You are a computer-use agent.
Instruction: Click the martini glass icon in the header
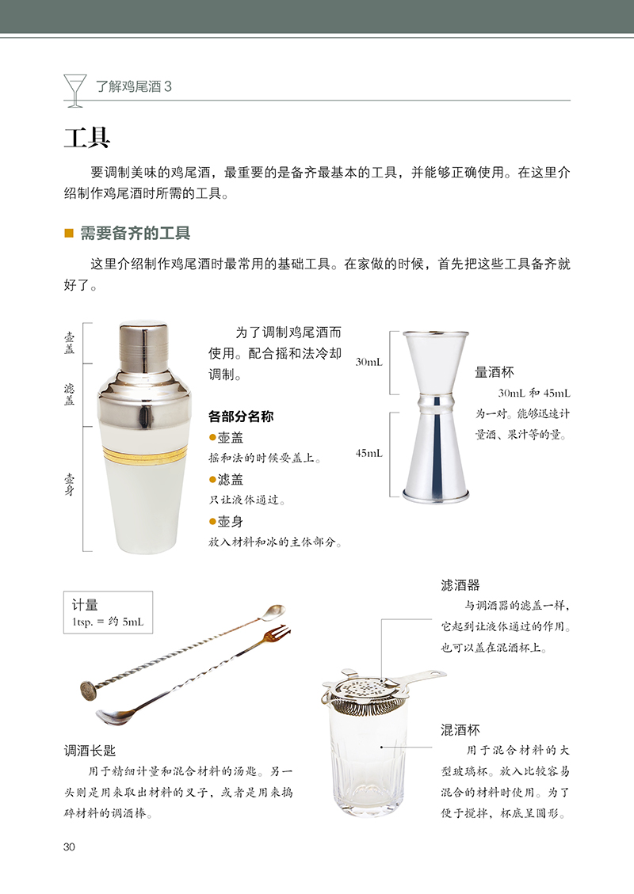(x=74, y=90)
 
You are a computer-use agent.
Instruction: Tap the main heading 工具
(x=86, y=138)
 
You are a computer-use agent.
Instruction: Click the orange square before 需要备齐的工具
(x=69, y=233)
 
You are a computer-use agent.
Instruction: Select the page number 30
(x=69, y=846)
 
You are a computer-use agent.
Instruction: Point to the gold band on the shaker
(x=145, y=455)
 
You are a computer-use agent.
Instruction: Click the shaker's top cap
(x=143, y=344)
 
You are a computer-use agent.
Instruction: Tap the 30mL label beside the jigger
(x=369, y=362)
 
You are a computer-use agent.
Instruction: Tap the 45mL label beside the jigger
(x=369, y=453)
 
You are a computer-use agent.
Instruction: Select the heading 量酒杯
(x=495, y=372)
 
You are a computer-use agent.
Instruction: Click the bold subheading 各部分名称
(x=241, y=417)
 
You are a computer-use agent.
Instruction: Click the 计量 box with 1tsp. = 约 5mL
(x=108, y=612)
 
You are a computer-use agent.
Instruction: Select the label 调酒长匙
(x=90, y=751)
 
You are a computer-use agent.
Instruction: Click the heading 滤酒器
(x=460, y=585)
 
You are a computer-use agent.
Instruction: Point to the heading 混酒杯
(x=460, y=730)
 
